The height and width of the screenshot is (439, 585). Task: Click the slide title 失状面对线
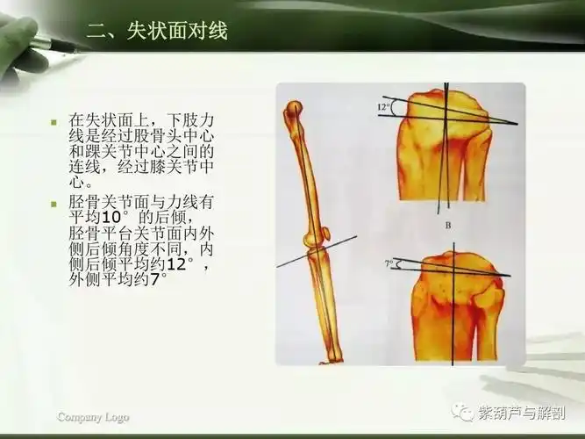[157, 32]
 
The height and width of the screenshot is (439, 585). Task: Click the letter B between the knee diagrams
[447, 226]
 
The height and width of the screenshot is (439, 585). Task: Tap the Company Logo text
[93, 417]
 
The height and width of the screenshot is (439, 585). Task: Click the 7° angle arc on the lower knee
[398, 263]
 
